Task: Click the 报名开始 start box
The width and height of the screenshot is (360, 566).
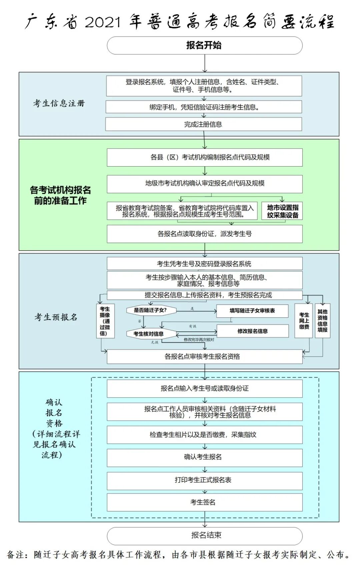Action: click(204, 45)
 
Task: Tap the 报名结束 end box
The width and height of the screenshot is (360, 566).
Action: click(204, 535)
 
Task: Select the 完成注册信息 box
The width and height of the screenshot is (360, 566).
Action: click(203, 124)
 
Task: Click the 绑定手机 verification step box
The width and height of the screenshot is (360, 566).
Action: click(204, 107)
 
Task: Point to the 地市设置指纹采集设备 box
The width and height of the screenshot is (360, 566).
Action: click(282, 211)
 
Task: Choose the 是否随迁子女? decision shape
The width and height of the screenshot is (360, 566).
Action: click(151, 310)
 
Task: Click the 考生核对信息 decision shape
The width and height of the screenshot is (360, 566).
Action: click(148, 333)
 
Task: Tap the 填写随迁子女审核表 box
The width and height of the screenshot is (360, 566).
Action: click(252, 311)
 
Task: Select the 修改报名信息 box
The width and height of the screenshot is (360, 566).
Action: click(253, 331)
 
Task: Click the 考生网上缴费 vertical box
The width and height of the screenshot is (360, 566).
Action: click(304, 321)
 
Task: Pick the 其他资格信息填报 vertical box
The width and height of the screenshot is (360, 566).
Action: click(322, 320)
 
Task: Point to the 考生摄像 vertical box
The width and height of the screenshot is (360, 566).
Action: click(105, 321)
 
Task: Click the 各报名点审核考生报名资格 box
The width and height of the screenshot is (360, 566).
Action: click(204, 356)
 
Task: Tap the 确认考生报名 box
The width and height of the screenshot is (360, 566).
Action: click(204, 457)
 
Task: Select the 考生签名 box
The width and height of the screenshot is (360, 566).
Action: click(204, 502)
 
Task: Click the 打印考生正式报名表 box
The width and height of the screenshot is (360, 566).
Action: click(204, 480)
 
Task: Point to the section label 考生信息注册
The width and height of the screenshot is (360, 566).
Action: click(59, 103)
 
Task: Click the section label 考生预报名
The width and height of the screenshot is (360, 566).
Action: click(56, 317)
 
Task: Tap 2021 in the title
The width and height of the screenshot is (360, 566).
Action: click(103, 22)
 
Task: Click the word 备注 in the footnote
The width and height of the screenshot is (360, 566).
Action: click(15, 554)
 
